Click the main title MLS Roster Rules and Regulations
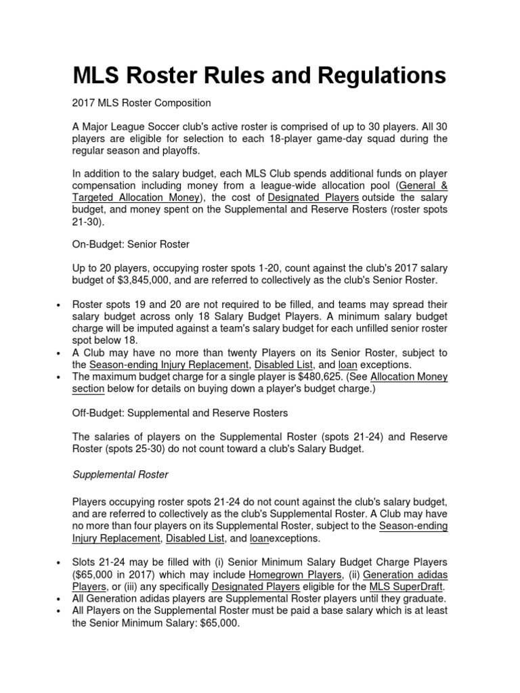point(259,75)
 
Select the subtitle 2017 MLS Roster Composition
point(142,103)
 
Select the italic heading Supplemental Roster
point(121,474)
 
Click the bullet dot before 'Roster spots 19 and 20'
point(61,305)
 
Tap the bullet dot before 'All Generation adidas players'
point(61,599)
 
